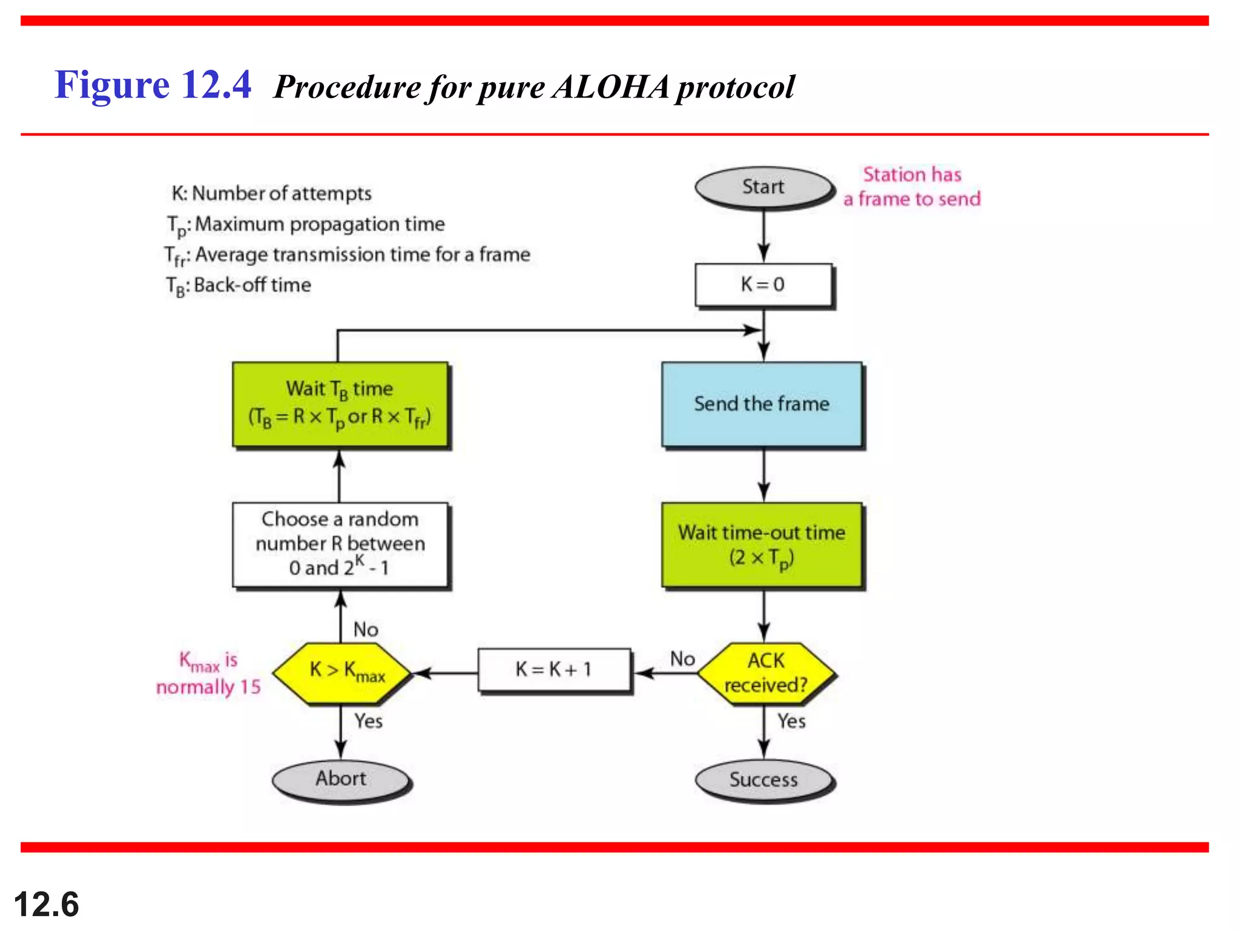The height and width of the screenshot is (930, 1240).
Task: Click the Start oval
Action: (x=763, y=187)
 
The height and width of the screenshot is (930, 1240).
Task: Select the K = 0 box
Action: (x=763, y=285)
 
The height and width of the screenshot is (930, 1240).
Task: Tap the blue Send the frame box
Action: (x=762, y=404)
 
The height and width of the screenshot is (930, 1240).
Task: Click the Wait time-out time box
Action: (x=762, y=544)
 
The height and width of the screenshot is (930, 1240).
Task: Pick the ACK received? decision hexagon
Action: (x=766, y=673)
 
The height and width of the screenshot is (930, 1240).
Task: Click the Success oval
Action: (x=763, y=780)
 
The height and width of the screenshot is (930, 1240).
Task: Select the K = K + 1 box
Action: (x=553, y=670)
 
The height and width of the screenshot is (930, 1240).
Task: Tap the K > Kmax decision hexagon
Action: (x=341, y=672)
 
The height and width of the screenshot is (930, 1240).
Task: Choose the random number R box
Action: (x=340, y=544)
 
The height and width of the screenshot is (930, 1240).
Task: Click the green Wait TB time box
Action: (x=340, y=403)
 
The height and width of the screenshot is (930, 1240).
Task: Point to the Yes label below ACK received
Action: (x=791, y=721)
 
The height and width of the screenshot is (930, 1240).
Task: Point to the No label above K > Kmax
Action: (x=366, y=630)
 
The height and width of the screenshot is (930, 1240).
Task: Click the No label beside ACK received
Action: (x=682, y=659)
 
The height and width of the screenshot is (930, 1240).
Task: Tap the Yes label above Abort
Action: (x=368, y=721)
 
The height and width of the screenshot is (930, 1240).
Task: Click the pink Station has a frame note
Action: (x=912, y=186)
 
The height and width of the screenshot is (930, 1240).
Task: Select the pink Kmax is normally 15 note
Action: (x=208, y=673)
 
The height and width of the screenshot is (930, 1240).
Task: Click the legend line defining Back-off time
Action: (x=239, y=285)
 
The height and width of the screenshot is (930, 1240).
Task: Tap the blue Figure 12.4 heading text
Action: (x=153, y=85)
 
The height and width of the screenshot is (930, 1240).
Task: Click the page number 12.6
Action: (x=47, y=905)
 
